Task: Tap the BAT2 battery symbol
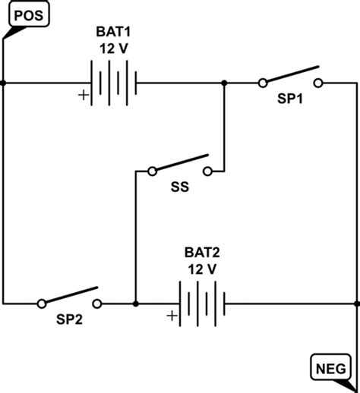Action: pos(201,303)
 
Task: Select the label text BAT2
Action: pos(202,254)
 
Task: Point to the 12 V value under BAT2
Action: pos(202,269)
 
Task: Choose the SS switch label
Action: pos(179,185)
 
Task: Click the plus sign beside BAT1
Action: pos(81,96)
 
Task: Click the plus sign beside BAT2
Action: pos(172,316)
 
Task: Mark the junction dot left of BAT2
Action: pos(135,303)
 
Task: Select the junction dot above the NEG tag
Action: pos(355,303)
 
